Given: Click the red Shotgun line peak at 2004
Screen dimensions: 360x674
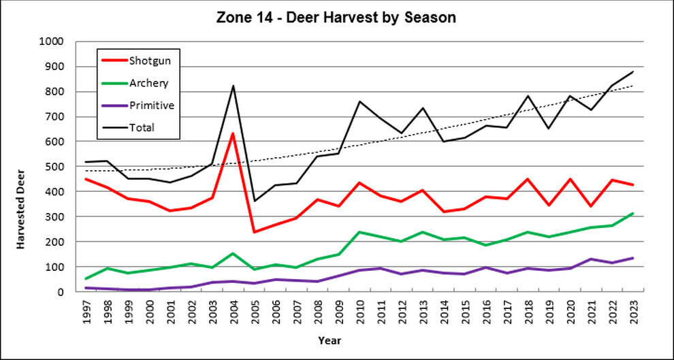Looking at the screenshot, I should (x=233, y=133).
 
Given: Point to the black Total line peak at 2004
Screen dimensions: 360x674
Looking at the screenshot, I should (x=233, y=86).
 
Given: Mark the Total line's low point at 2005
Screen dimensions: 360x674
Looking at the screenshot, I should (x=254, y=201).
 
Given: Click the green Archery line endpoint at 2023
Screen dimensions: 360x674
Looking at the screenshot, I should (x=632, y=213).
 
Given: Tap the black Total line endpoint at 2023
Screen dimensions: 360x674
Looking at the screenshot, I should (x=632, y=71).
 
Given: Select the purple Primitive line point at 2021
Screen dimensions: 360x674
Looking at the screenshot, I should (x=590, y=259).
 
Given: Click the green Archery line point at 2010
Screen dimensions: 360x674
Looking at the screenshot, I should (x=359, y=232).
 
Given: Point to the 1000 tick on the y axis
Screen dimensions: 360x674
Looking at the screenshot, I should (x=52, y=42).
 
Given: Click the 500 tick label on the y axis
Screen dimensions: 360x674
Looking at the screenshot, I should (x=54, y=167).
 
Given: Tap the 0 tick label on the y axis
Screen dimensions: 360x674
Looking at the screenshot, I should (x=60, y=292).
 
